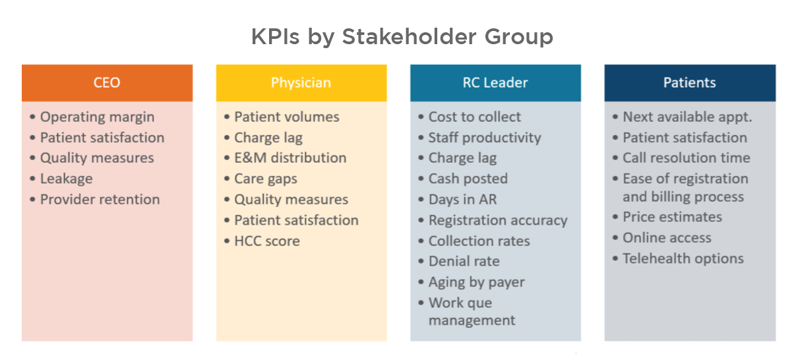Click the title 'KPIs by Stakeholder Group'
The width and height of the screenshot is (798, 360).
pyautogui.click(x=402, y=36)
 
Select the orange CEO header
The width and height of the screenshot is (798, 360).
pyautogui.click(x=107, y=82)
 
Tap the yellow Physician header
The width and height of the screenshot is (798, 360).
pyautogui.click(x=301, y=82)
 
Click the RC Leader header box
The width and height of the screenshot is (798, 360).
pyautogui.click(x=495, y=82)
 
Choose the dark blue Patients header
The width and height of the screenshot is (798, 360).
pyautogui.click(x=689, y=82)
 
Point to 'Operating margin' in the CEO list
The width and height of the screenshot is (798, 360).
pyautogui.click(x=97, y=117)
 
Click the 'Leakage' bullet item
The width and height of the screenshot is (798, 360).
pyautogui.click(x=66, y=179)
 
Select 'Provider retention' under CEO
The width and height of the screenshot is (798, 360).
pyautogui.click(x=100, y=199)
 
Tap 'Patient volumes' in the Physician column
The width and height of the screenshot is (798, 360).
pyautogui.click(x=286, y=117)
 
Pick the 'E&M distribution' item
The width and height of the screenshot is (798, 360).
pyautogui.click(x=290, y=158)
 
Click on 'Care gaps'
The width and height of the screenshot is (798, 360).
pyautogui.click(x=265, y=179)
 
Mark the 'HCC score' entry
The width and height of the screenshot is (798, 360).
pyautogui.click(x=266, y=241)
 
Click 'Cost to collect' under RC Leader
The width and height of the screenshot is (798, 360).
pyautogui.click(x=474, y=117)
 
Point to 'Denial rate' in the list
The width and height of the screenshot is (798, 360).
pyautogui.click(x=464, y=261)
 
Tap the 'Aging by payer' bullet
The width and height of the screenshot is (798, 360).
pyautogui.click(x=476, y=282)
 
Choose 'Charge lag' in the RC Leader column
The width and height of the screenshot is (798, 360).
pyautogui.click(x=462, y=158)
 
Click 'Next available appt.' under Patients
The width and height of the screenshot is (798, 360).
pyautogui.click(x=687, y=117)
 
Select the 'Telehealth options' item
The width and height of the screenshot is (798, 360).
pyautogui.click(x=683, y=258)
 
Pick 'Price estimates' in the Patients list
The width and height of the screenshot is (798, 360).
pyautogui.click(x=672, y=217)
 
